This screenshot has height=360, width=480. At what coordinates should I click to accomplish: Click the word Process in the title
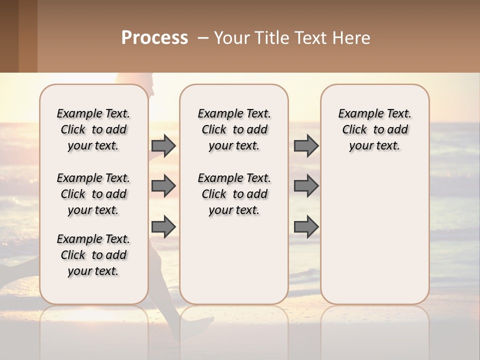click(154, 38)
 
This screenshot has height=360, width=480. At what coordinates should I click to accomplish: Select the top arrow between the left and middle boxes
click(163, 145)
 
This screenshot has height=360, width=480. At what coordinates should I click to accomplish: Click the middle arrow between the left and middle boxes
click(163, 186)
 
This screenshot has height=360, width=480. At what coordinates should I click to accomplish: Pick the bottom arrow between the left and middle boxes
click(163, 226)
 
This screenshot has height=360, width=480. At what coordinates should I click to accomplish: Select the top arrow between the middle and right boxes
click(306, 145)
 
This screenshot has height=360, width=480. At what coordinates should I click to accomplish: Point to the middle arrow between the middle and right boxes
click(306, 186)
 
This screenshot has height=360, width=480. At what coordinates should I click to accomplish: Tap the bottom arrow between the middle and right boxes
click(306, 226)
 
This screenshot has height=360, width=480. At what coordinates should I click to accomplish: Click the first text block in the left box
click(93, 129)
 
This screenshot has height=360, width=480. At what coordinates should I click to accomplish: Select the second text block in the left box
click(93, 194)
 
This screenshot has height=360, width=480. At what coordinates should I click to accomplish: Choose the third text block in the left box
click(93, 255)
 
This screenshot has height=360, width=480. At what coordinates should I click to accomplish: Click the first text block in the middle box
click(234, 129)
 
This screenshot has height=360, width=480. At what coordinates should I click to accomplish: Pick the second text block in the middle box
click(234, 194)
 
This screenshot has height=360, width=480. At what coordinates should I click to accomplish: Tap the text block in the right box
click(375, 129)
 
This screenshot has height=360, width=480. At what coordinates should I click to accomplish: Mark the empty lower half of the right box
click(375, 235)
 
